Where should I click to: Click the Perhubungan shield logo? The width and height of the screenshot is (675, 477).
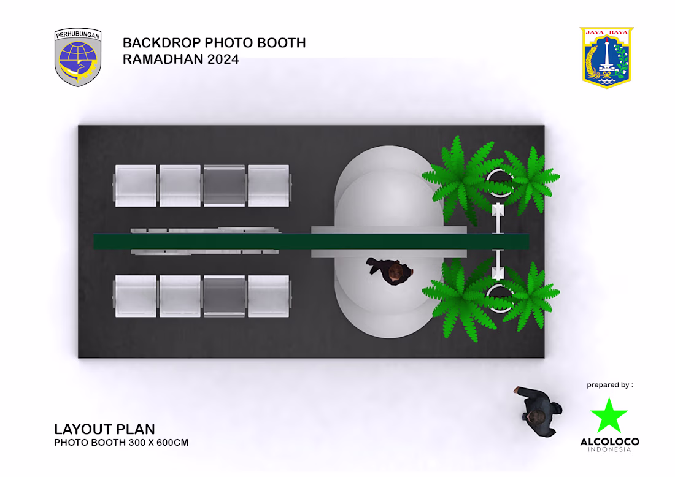pyautogui.click(x=78, y=57)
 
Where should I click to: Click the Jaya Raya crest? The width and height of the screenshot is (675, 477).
pyautogui.click(x=606, y=58)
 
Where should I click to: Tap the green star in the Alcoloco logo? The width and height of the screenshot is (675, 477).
pyautogui.click(x=609, y=416)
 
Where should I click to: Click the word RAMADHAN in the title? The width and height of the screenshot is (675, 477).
pyautogui.click(x=163, y=59)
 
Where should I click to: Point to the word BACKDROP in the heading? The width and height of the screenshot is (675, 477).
pyautogui.click(x=161, y=42)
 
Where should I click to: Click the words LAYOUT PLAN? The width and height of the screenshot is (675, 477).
pyautogui.click(x=104, y=429)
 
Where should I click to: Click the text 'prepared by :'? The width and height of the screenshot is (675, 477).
pyautogui.click(x=609, y=385)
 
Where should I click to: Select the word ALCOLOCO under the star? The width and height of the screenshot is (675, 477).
pyautogui.click(x=609, y=441)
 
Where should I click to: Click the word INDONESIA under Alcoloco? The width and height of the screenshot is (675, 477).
pyautogui.click(x=609, y=449)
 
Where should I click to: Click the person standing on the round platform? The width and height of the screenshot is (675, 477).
pyautogui.click(x=390, y=271)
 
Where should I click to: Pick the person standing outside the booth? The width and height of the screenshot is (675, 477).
pyautogui.click(x=538, y=412)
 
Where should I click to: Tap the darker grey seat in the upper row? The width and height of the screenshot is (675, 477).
pyautogui.click(x=224, y=186)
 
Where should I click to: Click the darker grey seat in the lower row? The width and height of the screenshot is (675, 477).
pyautogui.click(x=224, y=296)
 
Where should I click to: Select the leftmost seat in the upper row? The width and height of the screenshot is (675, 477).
pyautogui.click(x=136, y=186)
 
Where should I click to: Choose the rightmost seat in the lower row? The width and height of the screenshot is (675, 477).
pyautogui.click(x=269, y=296)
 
